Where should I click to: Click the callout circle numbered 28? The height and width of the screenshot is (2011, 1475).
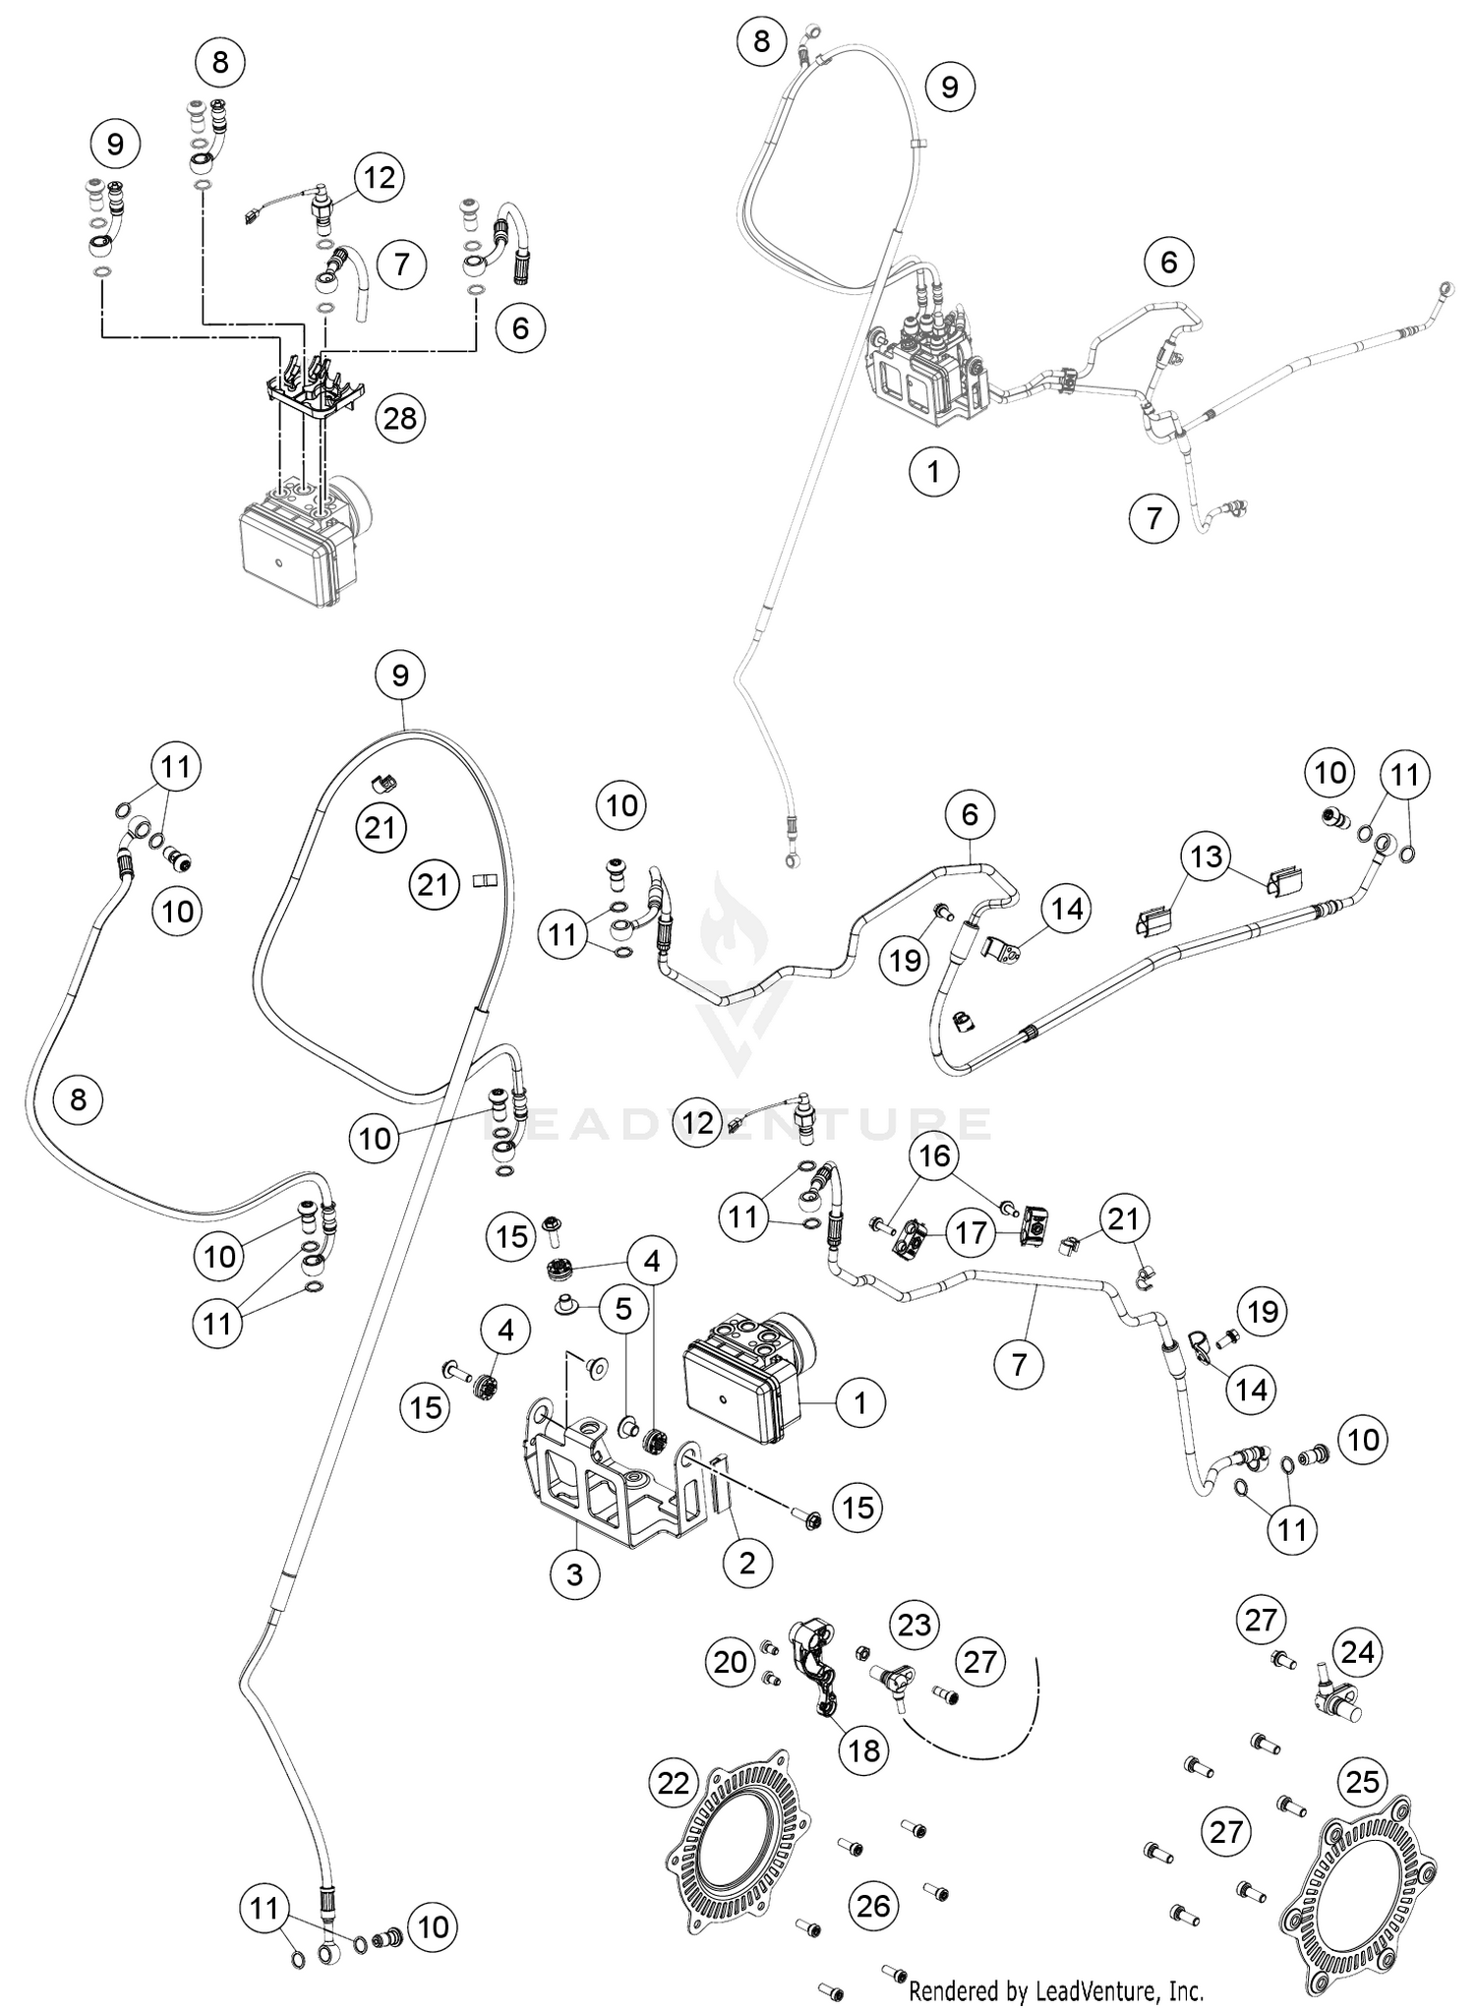400,419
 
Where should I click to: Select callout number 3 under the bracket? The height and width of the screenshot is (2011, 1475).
574,1574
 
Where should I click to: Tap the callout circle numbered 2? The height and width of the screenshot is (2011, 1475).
747,1562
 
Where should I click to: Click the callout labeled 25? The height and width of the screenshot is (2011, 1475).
1362,1781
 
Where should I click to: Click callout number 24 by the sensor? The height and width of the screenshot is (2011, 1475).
1358,1651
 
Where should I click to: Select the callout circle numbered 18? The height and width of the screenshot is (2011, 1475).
863,1750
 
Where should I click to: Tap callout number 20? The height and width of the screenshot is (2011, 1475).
731,1662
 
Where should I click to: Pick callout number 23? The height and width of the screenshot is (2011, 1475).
914,1625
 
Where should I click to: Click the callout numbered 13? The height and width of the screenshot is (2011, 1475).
1207,856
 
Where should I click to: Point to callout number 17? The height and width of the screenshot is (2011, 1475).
972,1232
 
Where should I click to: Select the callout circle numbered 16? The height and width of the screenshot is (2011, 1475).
935,1155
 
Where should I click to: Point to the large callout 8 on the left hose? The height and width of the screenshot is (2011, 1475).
79,1098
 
